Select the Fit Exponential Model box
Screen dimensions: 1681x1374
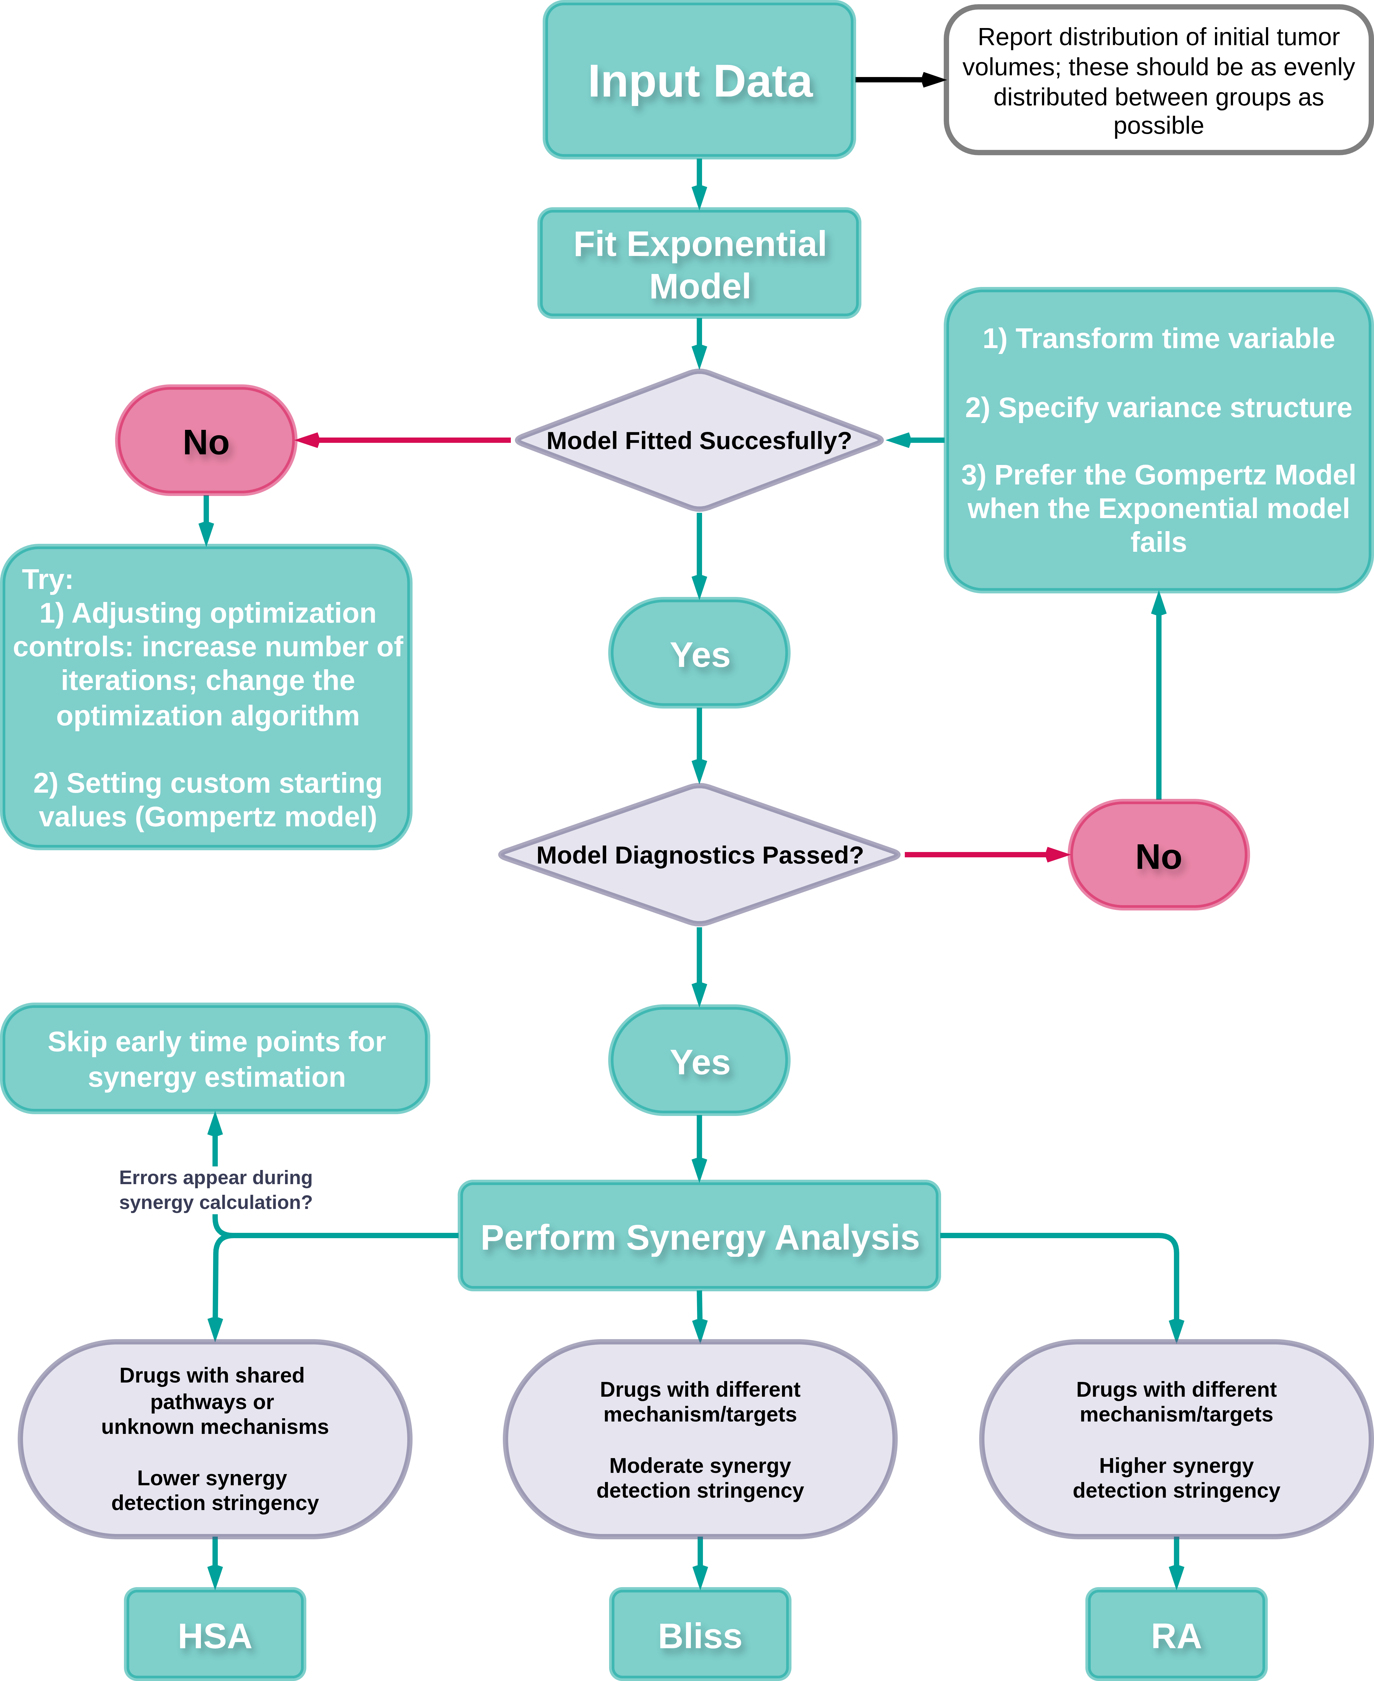coord(699,264)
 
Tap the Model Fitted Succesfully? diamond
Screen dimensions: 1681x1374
coord(699,440)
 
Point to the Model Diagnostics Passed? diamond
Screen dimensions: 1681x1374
coord(699,855)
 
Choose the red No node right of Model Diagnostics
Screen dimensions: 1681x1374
coord(1158,855)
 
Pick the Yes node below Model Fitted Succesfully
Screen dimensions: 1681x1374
coord(699,653)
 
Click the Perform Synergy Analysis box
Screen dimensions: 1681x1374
coord(699,1236)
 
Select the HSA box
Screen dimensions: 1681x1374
coord(215,1635)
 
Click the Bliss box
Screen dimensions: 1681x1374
coord(700,1635)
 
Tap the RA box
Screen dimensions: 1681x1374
coord(1176,1635)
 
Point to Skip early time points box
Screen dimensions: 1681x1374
coord(215,1059)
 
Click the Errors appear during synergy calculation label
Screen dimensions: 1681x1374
coord(215,1189)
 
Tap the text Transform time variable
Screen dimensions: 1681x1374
coord(1158,339)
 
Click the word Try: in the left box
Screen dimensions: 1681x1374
coord(48,579)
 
